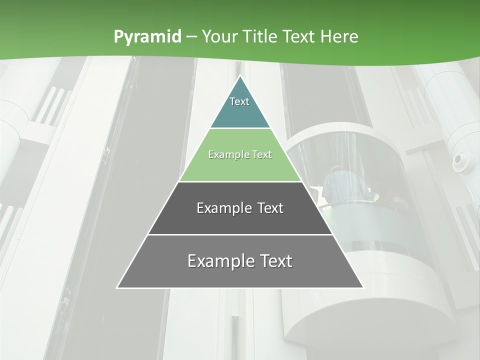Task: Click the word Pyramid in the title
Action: click(147, 37)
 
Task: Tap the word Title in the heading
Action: click(260, 36)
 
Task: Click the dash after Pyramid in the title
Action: click(191, 37)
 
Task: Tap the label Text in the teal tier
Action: click(239, 101)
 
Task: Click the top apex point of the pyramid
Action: click(240, 76)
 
